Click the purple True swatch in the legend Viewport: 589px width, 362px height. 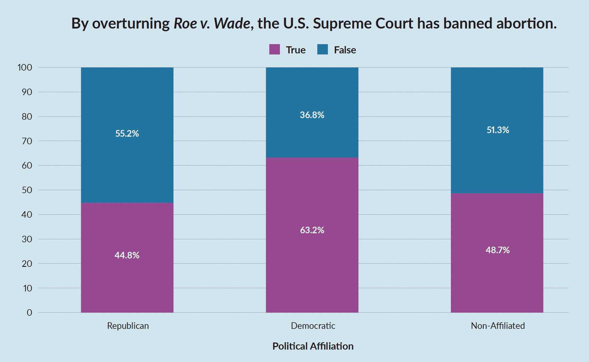(x=275, y=49)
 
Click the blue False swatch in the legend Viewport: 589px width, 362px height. (x=322, y=49)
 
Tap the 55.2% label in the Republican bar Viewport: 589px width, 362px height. (x=127, y=133)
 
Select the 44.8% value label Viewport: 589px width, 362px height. (x=127, y=255)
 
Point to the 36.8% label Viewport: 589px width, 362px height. (x=312, y=115)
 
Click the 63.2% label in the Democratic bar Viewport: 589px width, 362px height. (x=312, y=230)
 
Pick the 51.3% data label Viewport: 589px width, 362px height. (x=498, y=130)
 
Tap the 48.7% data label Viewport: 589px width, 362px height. (x=497, y=250)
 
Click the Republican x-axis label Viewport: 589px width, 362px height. (x=128, y=326)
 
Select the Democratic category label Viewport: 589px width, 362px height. (x=313, y=326)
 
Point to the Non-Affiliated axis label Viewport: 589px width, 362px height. (x=498, y=326)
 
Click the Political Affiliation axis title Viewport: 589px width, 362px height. (x=313, y=346)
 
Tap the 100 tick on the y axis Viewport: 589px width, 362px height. (x=25, y=67)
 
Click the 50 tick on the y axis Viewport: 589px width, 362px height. (x=27, y=190)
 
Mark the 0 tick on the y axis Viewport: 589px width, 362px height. (x=29, y=313)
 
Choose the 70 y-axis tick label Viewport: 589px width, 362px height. (x=27, y=141)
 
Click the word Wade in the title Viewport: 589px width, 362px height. (x=232, y=24)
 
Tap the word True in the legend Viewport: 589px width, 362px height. (x=295, y=50)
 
